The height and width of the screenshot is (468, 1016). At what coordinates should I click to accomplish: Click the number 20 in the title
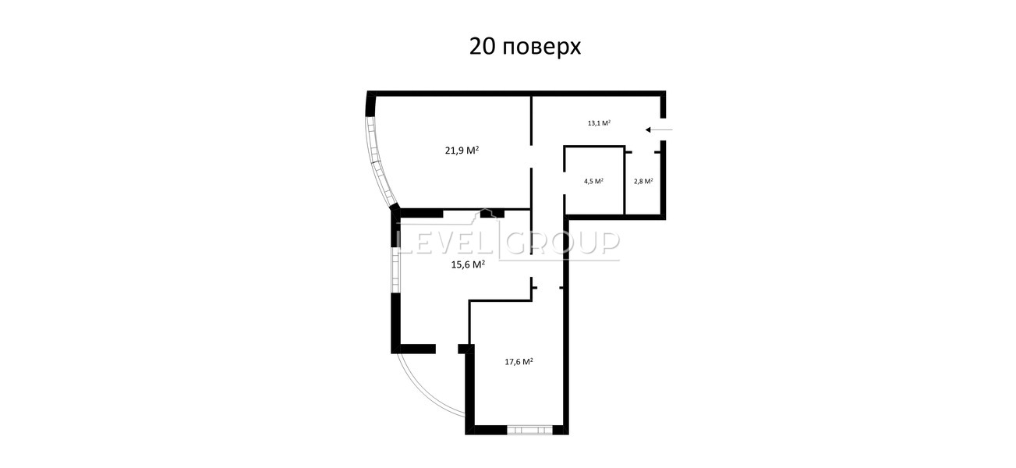pos(482,47)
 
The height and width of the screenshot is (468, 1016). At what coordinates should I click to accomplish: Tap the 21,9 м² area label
pos(462,151)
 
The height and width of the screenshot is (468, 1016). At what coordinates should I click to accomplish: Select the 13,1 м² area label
pos(599,122)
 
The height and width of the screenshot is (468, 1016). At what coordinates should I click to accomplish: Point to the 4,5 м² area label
pos(593,181)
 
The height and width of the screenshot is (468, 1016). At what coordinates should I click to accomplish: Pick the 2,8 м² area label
pos(643,181)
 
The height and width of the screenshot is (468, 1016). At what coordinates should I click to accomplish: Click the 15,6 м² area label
pos(468,264)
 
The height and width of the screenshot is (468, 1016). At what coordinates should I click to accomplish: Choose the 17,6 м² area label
pos(519,362)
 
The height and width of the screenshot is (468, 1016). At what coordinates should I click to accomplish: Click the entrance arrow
pos(659,129)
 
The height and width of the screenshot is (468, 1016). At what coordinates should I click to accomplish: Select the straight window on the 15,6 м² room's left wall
pos(396,270)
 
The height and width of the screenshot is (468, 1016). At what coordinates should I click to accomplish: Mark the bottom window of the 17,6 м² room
pos(529,430)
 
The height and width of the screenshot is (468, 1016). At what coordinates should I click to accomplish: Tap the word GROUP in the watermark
pos(562,243)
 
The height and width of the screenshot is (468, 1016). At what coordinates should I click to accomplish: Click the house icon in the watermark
pos(486,215)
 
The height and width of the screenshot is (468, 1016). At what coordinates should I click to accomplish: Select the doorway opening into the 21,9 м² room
pos(531,157)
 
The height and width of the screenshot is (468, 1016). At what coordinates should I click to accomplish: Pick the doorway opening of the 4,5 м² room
pos(565,183)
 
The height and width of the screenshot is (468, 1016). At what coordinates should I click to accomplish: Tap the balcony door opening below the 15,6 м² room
pos(447,349)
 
